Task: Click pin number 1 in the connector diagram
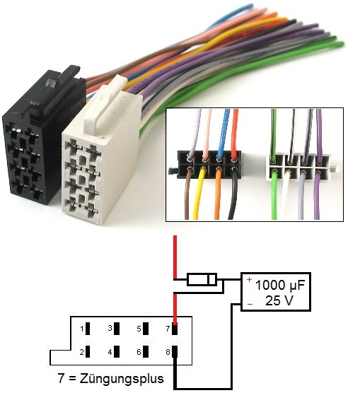88,329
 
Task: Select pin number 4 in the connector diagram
117,351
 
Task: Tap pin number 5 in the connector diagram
146,329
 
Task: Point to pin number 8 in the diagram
175,351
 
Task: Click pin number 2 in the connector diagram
88,351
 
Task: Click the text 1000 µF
280,285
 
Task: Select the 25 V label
279,300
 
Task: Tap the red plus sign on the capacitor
249,279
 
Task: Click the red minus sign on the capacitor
250,304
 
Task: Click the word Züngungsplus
122,379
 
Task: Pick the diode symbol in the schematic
202,279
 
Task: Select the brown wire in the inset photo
187,194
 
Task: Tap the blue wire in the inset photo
223,134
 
